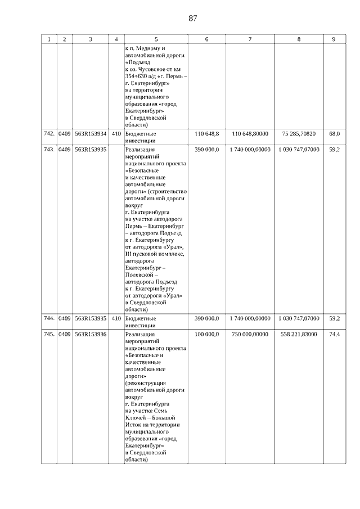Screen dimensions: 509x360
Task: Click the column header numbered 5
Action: (156, 39)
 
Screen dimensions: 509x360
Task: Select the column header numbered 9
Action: (334, 39)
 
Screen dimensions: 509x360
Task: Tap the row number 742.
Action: (49, 134)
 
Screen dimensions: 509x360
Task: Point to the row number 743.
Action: (49, 150)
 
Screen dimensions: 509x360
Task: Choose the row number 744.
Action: (49, 318)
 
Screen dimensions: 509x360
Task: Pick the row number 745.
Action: (49, 334)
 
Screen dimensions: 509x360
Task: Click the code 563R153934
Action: (91, 134)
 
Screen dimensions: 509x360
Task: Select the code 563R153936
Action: (91, 334)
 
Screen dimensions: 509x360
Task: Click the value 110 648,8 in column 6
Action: (206, 134)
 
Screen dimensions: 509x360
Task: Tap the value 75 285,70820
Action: (298, 134)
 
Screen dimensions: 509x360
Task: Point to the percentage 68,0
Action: (334, 134)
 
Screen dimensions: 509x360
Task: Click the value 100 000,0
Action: (206, 334)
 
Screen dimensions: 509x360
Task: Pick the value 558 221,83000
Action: (298, 334)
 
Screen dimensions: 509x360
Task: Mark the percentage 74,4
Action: (334, 334)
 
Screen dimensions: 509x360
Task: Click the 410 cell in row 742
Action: (116, 134)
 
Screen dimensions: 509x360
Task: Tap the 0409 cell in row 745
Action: (65, 334)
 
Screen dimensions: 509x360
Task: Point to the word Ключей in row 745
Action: (136, 418)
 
